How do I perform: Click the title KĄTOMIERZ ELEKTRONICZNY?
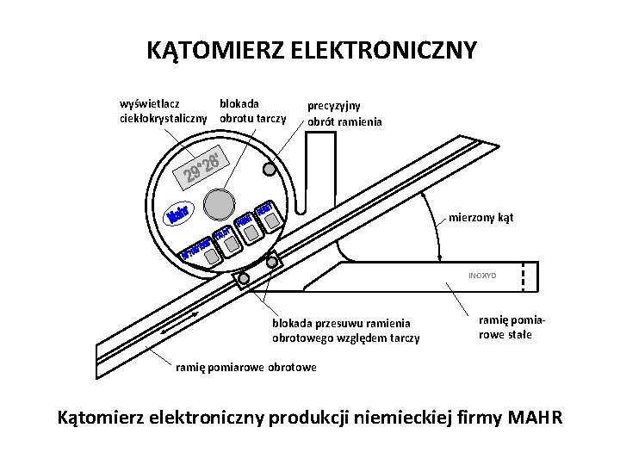point(311,50)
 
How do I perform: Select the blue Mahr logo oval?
point(178,214)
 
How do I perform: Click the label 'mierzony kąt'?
point(480,217)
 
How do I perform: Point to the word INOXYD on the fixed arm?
point(482,276)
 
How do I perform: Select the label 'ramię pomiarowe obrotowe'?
point(245,367)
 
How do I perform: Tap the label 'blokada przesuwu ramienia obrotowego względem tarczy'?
point(345,331)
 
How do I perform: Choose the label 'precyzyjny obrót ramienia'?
point(345,114)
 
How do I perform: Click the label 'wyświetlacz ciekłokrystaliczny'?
point(163,110)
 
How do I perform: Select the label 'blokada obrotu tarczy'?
point(252,110)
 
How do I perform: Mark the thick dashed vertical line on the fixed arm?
point(524,276)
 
